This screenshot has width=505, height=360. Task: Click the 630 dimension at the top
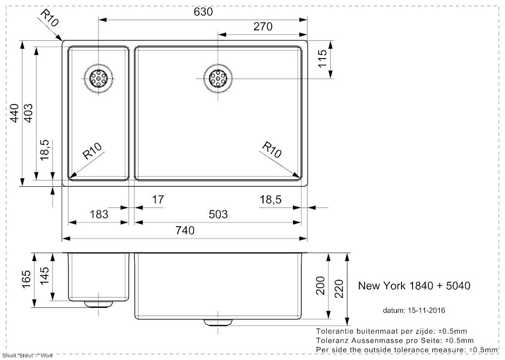click(203, 12)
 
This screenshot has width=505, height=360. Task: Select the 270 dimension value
click(263, 26)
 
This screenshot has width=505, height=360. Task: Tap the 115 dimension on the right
click(322, 59)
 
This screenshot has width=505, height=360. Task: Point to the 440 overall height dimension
click(14, 113)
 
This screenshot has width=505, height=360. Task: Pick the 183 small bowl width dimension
click(98, 214)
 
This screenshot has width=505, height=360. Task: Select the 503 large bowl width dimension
click(218, 214)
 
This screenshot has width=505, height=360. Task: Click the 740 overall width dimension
click(185, 230)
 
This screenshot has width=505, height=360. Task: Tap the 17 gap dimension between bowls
click(158, 199)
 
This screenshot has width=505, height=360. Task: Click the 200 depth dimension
click(321, 286)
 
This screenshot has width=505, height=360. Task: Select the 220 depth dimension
click(339, 288)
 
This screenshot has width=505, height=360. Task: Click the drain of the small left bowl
click(98, 78)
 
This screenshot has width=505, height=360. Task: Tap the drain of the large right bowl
click(218, 78)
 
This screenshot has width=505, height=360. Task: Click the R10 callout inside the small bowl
click(92, 151)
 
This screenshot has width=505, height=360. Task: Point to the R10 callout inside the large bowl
click(272, 150)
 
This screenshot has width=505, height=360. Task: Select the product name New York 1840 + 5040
click(414, 286)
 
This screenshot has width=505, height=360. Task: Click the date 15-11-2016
click(426, 311)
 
